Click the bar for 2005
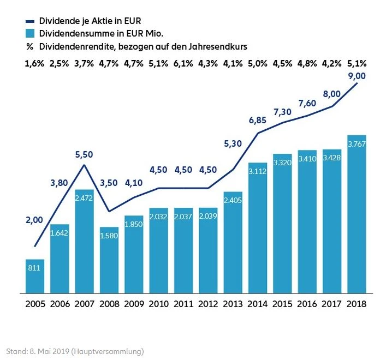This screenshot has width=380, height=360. (x=35, y=277)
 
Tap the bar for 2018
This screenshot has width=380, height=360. (x=357, y=214)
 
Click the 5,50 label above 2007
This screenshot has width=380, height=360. (x=84, y=154)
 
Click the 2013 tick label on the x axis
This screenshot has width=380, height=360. (x=233, y=303)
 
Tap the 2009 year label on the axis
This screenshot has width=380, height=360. (x=134, y=303)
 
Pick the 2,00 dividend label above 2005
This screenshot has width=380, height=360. (x=34, y=220)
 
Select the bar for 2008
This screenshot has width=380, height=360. (x=109, y=260)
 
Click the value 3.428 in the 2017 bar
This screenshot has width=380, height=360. (x=332, y=158)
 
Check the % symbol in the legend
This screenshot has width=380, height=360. (x=29, y=46)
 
